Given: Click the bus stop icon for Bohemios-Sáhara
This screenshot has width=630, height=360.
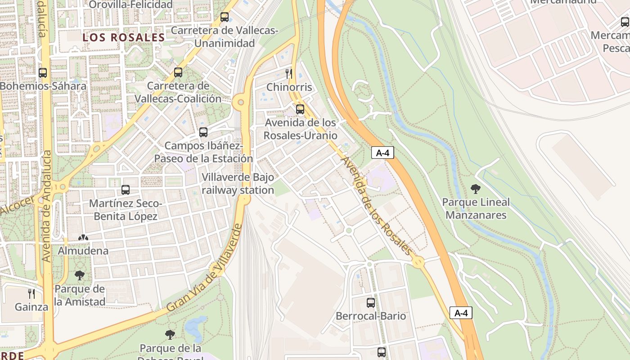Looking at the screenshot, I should (43, 72).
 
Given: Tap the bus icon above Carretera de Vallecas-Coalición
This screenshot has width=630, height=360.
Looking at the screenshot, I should (178, 72).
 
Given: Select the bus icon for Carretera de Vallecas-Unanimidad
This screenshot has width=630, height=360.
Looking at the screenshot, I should (225, 17).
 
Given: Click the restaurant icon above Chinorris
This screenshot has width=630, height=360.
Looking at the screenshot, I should (289, 73).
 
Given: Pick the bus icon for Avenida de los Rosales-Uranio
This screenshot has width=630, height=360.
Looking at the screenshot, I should (300, 109).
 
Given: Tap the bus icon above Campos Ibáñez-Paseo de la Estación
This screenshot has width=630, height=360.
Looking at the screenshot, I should (203, 132).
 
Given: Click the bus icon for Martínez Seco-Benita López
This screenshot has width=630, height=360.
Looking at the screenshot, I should (126, 190).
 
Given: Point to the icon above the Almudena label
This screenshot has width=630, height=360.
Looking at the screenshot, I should (83, 238).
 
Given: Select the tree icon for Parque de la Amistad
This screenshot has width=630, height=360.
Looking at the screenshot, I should (80, 275).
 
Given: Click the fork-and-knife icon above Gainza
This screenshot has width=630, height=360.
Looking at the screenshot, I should (31, 294).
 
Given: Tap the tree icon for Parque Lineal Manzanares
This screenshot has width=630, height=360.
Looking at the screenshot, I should (476, 189).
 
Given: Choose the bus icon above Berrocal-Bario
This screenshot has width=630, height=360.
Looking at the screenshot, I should (371, 302).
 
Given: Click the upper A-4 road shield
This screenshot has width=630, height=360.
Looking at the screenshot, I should (382, 153).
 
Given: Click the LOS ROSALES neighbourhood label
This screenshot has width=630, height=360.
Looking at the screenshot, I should (124, 38).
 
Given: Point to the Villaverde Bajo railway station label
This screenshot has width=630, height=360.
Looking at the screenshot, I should (238, 184).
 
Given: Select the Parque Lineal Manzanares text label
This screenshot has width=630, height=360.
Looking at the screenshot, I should (476, 209).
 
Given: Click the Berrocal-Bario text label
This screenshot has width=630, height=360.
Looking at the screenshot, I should (371, 316).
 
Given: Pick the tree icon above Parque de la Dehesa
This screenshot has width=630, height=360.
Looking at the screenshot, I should (170, 334).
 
